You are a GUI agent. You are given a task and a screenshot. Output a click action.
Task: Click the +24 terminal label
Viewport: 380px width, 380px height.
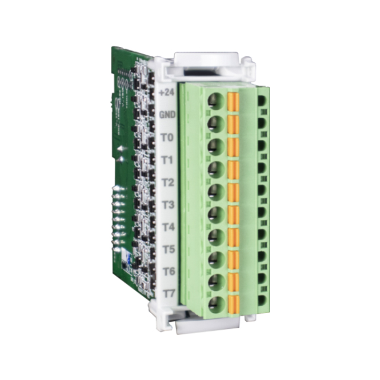tap(167, 93)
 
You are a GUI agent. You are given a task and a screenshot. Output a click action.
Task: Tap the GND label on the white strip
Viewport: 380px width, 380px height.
tap(167, 115)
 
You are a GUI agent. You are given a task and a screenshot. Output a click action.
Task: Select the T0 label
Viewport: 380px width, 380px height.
tap(167, 138)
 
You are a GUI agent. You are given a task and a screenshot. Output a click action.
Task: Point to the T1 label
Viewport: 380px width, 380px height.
tap(167, 160)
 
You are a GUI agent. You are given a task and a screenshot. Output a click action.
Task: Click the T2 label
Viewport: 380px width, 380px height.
tap(167, 182)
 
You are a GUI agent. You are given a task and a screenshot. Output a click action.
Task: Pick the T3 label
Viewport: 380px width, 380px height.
tap(168, 205)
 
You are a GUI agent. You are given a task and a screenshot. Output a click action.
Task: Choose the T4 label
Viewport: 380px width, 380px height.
tap(168, 227)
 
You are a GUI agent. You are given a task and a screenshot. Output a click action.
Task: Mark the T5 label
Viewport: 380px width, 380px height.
tap(168, 249)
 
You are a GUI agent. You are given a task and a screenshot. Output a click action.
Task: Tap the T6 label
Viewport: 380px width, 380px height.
tap(169, 271)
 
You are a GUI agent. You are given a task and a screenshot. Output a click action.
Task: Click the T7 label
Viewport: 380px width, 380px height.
tap(169, 293)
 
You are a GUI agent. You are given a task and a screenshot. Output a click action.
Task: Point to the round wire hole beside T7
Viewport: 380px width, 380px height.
tap(217, 305)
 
